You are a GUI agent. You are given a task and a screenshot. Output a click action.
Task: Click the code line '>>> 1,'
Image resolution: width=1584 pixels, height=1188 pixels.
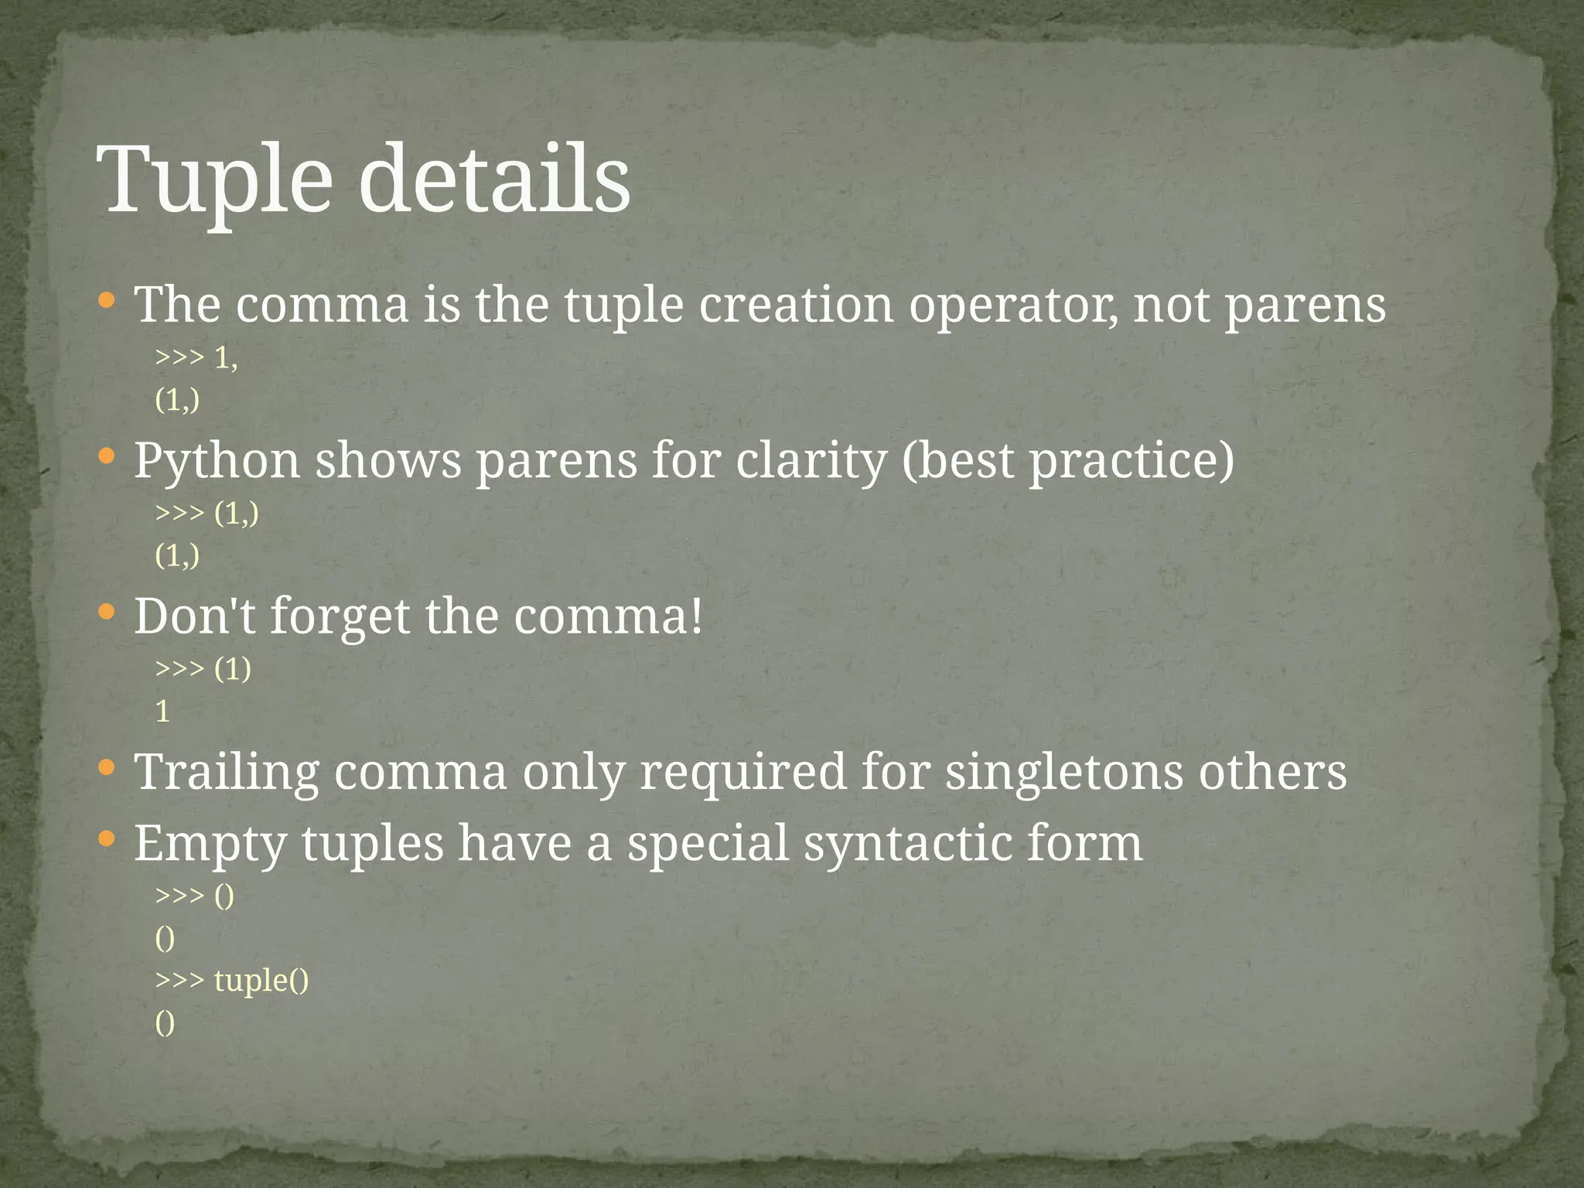[x=196, y=357]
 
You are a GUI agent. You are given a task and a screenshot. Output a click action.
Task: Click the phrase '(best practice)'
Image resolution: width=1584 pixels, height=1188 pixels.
[x=1067, y=462]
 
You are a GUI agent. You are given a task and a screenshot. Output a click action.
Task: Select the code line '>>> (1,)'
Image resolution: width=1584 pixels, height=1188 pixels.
[x=207, y=513]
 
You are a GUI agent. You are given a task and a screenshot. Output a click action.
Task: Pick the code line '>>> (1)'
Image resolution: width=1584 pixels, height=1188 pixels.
[x=203, y=668]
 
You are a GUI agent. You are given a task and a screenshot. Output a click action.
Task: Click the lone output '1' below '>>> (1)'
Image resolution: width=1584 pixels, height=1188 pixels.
[x=162, y=711]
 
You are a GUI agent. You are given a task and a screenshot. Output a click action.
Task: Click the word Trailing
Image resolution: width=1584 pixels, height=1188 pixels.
[x=227, y=773]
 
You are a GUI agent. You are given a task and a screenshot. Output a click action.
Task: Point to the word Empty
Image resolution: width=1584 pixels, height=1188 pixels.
[x=210, y=845]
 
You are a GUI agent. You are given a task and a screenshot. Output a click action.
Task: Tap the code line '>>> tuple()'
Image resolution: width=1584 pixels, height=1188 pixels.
[x=232, y=980]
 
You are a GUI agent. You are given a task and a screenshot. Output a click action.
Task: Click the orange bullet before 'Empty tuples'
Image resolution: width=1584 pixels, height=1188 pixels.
[x=108, y=839]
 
